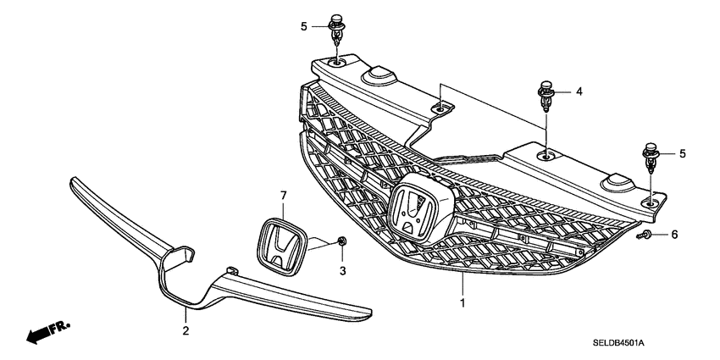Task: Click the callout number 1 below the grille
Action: (x=462, y=302)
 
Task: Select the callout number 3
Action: (x=344, y=270)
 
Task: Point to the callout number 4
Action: (x=579, y=91)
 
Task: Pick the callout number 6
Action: (x=674, y=234)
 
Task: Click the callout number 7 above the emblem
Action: (x=283, y=196)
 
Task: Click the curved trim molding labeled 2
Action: (x=203, y=271)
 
